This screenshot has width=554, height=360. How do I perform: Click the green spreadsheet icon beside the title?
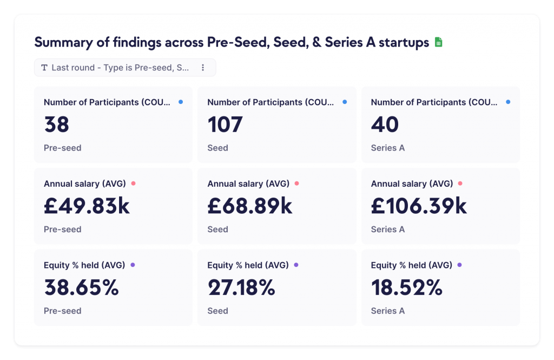pos(438,42)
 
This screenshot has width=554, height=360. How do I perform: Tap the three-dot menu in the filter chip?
pos(203,68)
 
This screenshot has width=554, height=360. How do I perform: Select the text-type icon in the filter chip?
pos(44,68)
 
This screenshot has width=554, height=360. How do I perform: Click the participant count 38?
pos(56,125)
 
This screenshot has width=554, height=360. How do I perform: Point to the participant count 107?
pos(225,125)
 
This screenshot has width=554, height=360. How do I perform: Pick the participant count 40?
pos(385,125)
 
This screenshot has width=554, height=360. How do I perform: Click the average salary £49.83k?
pos(87,206)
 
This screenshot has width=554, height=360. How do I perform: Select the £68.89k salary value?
pos(250,206)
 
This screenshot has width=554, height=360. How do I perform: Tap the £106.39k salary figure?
pos(419,206)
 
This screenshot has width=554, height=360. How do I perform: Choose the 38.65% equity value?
pos(81,287)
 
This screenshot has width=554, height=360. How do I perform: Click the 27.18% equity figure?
pos(241,287)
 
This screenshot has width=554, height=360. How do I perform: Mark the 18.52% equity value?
pos(406,287)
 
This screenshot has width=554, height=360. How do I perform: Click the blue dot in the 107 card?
pos(345,102)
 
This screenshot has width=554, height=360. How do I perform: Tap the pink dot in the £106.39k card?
pos(460,184)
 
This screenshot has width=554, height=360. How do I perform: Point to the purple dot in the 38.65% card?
pos(133,265)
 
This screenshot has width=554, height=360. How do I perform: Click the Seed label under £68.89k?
pos(217,230)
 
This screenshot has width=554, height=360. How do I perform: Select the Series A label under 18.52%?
pos(387,311)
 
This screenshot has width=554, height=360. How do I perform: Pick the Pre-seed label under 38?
pos(62,148)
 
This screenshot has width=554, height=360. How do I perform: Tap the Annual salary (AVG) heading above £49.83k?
pos(84,184)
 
